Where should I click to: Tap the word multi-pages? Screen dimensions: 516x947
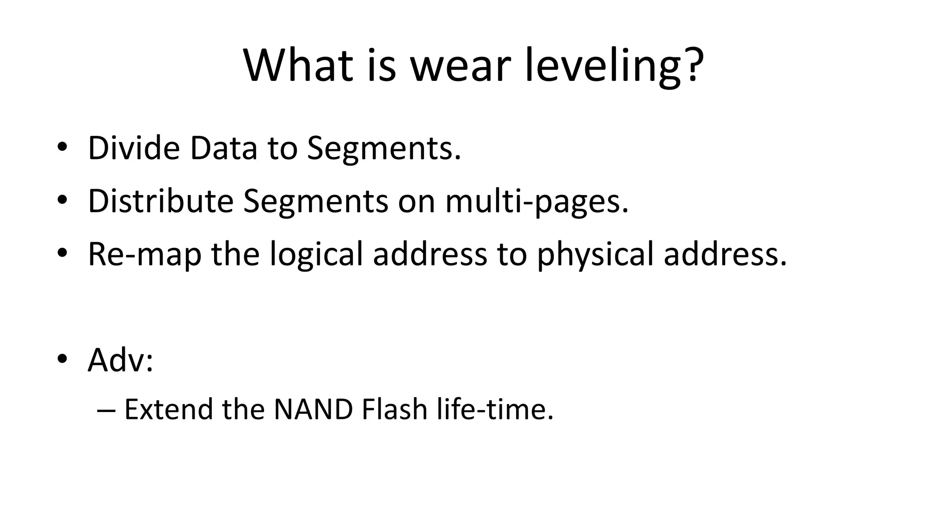point(537,202)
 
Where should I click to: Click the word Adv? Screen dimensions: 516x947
point(116,360)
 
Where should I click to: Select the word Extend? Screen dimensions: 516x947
point(168,409)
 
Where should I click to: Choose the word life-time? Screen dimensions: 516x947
point(495,409)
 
